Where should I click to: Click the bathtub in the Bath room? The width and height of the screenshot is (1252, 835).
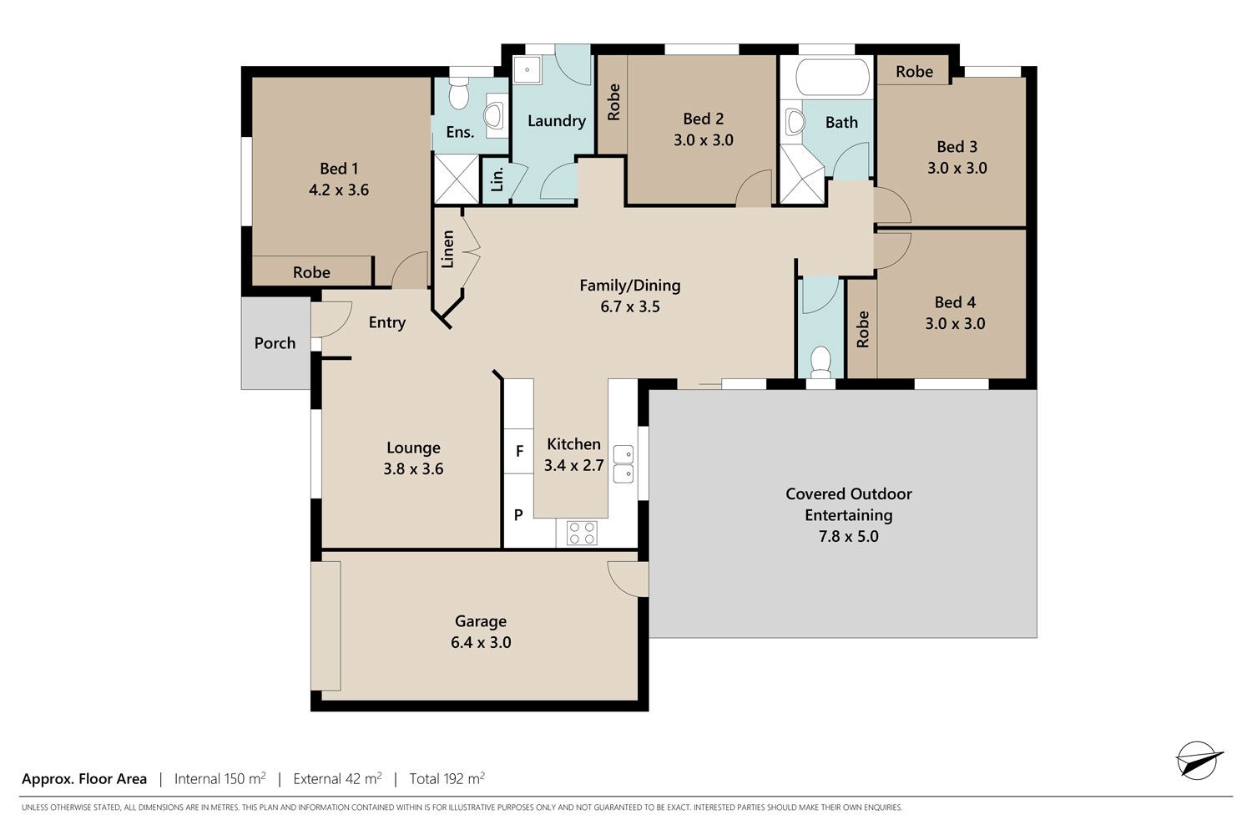coord(832,77)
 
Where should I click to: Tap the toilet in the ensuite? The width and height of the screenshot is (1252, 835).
coord(459,94)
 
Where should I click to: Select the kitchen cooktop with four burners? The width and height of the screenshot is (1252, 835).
coord(582,533)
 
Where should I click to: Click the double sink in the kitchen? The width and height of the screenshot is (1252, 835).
coord(623,463)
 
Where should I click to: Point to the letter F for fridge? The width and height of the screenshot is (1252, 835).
coord(519,451)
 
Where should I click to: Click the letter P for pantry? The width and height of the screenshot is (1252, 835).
coord(518,514)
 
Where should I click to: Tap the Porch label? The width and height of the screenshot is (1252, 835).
coord(275,343)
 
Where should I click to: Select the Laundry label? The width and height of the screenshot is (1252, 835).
coord(557,121)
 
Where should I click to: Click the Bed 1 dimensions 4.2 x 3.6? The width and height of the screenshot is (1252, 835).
coord(339,190)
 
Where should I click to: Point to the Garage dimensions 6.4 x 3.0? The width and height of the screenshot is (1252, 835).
coord(481,642)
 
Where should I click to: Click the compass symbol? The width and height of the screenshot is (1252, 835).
coord(1198,761)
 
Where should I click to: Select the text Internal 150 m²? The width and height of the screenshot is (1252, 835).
coord(220,778)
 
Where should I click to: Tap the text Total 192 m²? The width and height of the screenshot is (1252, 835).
coord(447,778)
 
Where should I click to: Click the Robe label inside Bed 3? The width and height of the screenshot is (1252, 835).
coord(915,72)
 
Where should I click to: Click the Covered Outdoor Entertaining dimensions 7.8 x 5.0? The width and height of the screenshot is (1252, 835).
coord(849,536)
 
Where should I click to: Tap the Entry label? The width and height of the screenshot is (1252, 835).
coord(386,322)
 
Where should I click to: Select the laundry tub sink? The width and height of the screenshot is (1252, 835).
coord(527,70)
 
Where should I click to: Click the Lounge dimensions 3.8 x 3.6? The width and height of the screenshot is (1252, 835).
coord(413,468)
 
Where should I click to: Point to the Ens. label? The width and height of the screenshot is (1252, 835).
coord(460,132)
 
